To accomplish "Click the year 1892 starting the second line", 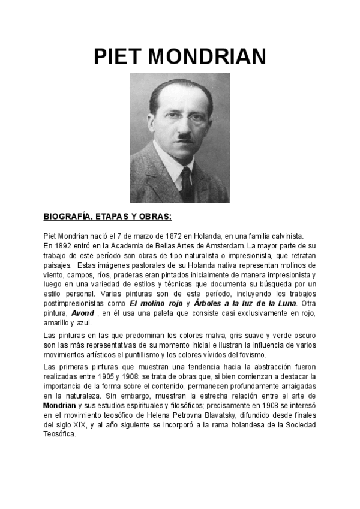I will pos(61,246).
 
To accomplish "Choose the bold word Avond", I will pos(83,313).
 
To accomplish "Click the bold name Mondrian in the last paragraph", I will pos(59,406).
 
